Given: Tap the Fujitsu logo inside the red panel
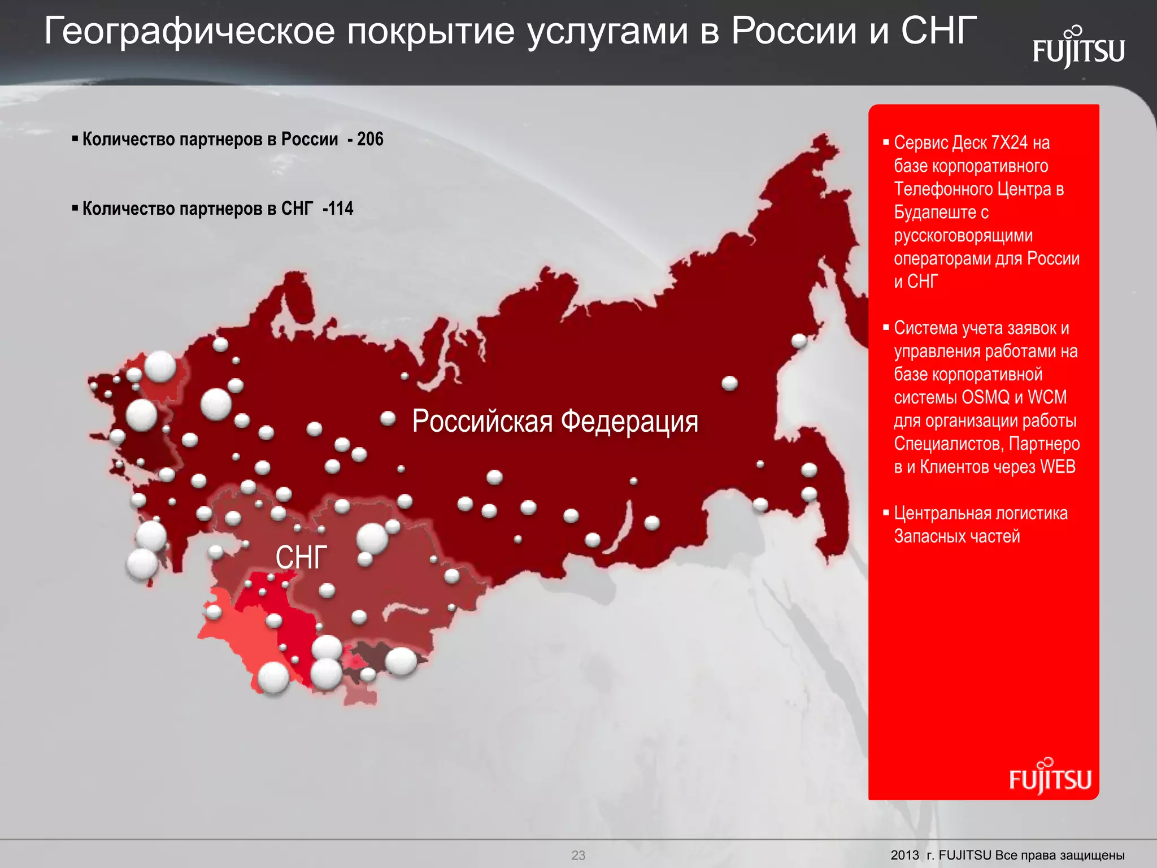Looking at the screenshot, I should coord(1050,778).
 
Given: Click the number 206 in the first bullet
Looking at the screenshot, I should coord(370,139).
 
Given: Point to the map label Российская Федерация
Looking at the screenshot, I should coord(555,422).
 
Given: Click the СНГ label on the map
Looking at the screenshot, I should coord(301,558).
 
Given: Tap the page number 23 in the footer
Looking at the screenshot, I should coord(578,855).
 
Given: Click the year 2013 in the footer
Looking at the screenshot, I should coord(905,855).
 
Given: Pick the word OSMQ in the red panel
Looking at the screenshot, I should coord(985,397).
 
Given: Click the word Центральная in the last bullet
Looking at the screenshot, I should coord(942,513).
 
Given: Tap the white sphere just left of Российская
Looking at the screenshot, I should coord(388,418).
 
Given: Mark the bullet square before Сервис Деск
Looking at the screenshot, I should coord(886,142).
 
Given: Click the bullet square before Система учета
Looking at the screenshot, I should coord(886,327).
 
